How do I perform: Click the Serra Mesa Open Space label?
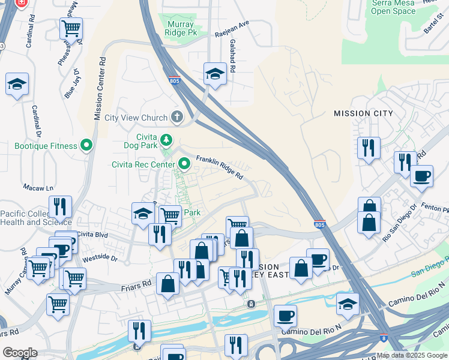point(393,7)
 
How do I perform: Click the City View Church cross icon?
point(176,116)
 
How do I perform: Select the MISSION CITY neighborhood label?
point(363,113)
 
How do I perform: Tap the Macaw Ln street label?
point(34,188)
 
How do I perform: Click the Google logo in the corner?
point(19,352)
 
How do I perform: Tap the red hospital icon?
point(21,3)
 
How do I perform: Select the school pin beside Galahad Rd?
point(215,74)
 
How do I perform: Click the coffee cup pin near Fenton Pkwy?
point(421,176)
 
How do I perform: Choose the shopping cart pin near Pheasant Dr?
point(71,28)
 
